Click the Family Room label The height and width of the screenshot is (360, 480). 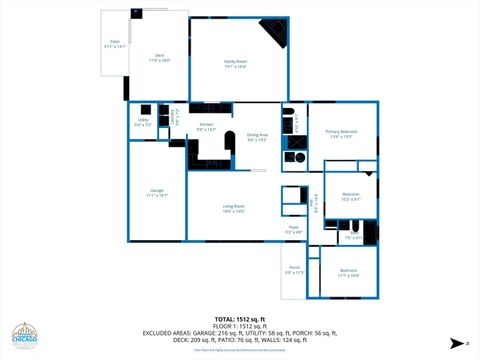point(235,62)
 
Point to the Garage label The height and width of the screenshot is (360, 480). point(157,191)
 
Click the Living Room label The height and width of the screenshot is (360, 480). point(234,206)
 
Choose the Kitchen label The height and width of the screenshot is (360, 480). point(206,126)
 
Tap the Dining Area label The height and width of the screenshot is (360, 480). point(257,135)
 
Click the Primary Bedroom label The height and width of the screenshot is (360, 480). point(341,131)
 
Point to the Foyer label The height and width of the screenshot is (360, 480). point(294,228)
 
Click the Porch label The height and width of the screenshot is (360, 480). point(294,268)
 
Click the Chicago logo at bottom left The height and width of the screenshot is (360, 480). point(26,336)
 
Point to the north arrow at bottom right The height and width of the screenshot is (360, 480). point(457,341)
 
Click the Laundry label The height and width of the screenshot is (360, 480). point(173,120)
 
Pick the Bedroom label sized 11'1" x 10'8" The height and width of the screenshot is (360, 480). point(348,271)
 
